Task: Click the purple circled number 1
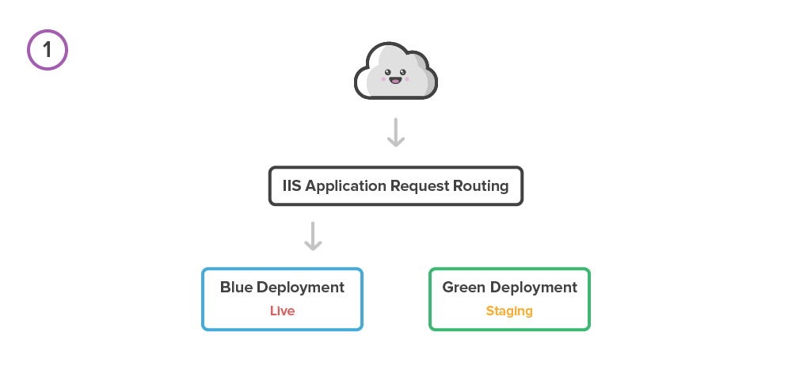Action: (x=48, y=50)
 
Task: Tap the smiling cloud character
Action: (x=395, y=72)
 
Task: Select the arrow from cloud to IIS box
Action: (x=396, y=132)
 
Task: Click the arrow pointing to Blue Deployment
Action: (x=314, y=236)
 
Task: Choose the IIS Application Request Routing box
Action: (x=395, y=186)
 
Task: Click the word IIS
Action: (x=292, y=186)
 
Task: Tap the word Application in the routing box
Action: (x=346, y=187)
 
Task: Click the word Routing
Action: (x=481, y=187)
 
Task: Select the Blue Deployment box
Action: (x=282, y=299)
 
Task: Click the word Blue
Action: (x=237, y=288)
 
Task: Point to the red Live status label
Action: (x=282, y=311)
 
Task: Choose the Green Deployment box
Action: (x=509, y=299)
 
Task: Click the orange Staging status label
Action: (x=509, y=311)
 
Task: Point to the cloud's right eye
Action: (x=405, y=71)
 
